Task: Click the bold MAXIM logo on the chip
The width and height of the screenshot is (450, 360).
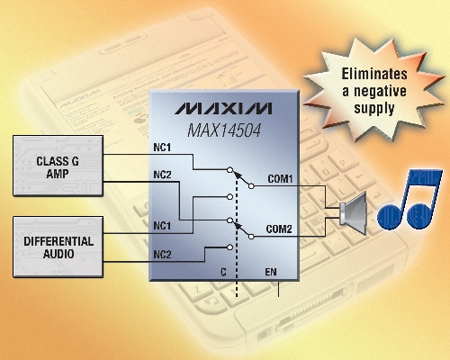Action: [223, 108]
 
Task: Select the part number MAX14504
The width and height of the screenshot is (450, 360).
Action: [224, 130]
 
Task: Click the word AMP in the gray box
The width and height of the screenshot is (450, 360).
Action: [58, 174]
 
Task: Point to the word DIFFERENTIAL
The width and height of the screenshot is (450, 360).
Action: [58, 241]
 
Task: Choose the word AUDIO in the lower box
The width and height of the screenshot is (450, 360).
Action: [58, 254]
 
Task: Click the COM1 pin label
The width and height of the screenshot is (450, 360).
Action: [280, 179]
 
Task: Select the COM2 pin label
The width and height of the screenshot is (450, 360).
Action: [279, 229]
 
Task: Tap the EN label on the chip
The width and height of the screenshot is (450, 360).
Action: [271, 272]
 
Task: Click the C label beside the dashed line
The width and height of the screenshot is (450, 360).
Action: [223, 272]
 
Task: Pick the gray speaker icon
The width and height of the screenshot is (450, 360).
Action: [353, 213]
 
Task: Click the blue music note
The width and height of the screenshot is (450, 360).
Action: [409, 200]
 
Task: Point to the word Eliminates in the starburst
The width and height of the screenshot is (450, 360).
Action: [374, 74]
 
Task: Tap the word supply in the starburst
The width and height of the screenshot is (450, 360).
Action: [373, 108]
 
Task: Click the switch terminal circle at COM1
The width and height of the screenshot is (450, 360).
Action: [251, 186]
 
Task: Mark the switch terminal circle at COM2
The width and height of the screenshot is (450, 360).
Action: [251, 237]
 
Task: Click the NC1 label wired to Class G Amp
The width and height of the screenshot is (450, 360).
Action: [162, 148]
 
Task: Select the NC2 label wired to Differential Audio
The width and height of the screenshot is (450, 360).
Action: [162, 255]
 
